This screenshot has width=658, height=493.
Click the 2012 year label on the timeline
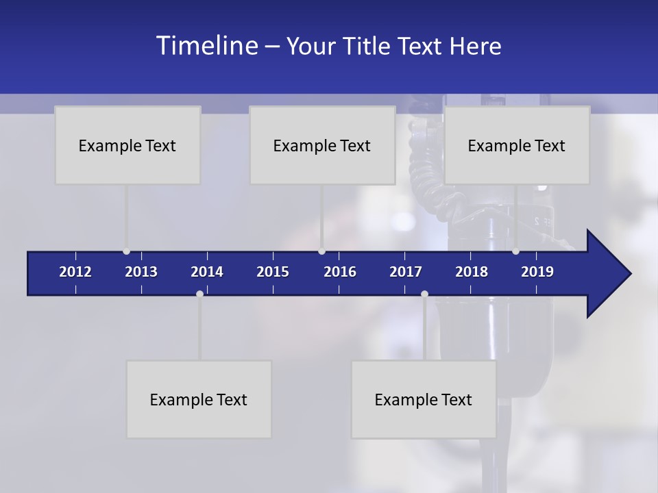point(75,272)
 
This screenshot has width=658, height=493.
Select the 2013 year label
point(141,272)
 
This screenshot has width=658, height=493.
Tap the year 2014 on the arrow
point(207,272)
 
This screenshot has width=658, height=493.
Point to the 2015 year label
point(273,272)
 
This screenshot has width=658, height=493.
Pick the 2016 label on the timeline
point(340,272)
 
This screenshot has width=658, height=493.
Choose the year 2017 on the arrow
point(406,272)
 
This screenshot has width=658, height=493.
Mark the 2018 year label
point(472,272)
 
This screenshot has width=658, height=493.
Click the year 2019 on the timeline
point(537,272)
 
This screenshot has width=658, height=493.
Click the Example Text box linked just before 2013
point(127,145)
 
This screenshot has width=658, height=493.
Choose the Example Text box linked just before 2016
point(322,145)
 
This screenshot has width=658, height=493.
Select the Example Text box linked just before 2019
point(517,145)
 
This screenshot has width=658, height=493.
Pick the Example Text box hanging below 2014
point(199,399)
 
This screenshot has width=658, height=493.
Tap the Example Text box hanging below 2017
point(424,399)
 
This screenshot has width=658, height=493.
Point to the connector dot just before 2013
point(126,251)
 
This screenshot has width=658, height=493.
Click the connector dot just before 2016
point(322,251)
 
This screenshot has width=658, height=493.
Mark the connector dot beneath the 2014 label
point(199,294)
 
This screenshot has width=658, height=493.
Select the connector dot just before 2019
point(515,251)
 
